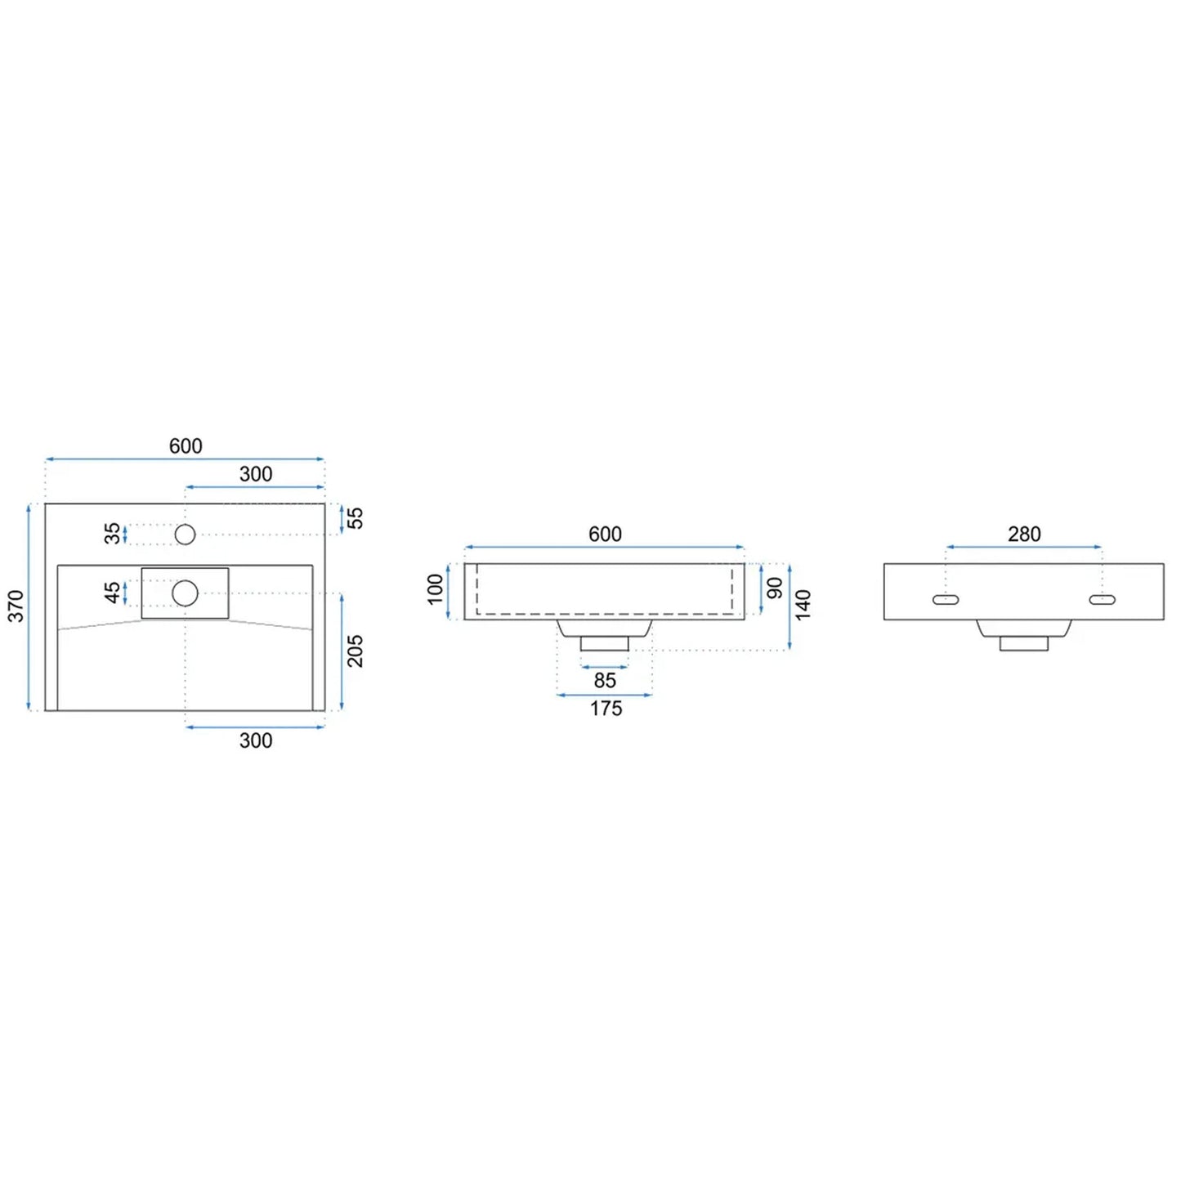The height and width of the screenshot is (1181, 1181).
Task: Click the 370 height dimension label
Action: pyautogui.click(x=16, y=606)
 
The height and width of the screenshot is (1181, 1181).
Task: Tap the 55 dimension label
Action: pyautogui.click(x=356, y=518)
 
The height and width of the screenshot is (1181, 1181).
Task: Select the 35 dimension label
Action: pyautogui.click(x=113, y=533)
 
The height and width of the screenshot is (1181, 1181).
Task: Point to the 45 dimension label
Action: pyautogui.click(x=113, y=593)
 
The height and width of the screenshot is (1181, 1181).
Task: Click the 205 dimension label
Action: pyautogui.click(x=356, y=651)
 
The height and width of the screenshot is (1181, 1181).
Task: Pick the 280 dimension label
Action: pyautogui.click(x=1024, y=535)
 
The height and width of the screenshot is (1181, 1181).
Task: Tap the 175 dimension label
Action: pyautogui.click(x=606, y=709)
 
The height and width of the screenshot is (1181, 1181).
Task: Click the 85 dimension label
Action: pyautogui.click(x=605, y=680)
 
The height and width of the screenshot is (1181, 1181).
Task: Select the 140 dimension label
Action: pyautogui.click(x=803, y=605)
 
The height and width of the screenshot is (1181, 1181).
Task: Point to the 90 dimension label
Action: pyautogui.click(x=775, y=588)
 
